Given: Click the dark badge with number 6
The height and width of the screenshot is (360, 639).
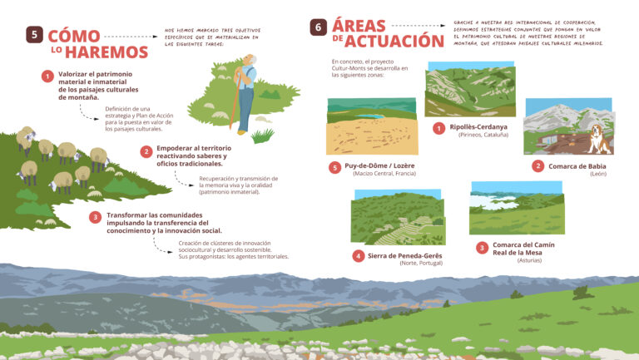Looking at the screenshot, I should [x=318, y=27].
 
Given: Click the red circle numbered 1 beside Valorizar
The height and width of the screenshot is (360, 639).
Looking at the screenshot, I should [x=48, y=76].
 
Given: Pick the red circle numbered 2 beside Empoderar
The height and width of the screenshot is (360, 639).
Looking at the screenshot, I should [x=146, y=151].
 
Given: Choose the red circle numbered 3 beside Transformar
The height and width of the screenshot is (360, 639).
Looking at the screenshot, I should [x=97, y=218].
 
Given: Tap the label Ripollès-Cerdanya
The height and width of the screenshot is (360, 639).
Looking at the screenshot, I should [x=478, y=127].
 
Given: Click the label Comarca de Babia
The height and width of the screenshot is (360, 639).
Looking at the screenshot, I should [x=576, y=165].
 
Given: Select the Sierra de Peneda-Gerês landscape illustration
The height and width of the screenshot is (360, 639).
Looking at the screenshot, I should [x=397, y=218].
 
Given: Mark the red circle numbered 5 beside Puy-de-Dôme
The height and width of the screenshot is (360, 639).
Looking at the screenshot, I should [x=335, y=167].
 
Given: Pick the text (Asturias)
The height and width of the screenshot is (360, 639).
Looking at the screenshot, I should [x=529, y=260].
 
